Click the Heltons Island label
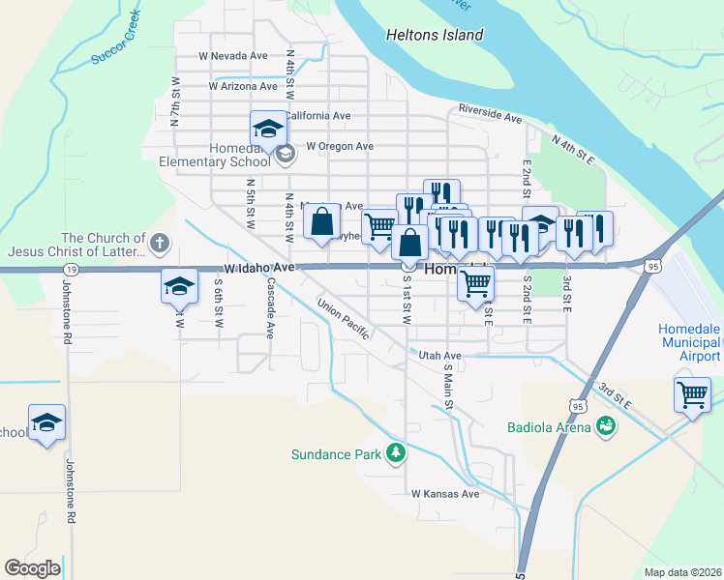[435, 35]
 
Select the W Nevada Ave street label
[232, 56]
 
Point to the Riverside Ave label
[490, 114]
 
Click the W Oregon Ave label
[340, 146]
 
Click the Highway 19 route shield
[71, 269]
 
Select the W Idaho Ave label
[257, 266]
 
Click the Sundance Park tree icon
[395, 452]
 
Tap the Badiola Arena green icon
[606, 426]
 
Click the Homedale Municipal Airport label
[690, 342]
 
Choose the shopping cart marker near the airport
[692, 393]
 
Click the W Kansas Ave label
[445, 493]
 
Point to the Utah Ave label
[440, 356]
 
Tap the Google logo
[32, 567]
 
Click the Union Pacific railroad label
[344, 318]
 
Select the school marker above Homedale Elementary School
[268, 128]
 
